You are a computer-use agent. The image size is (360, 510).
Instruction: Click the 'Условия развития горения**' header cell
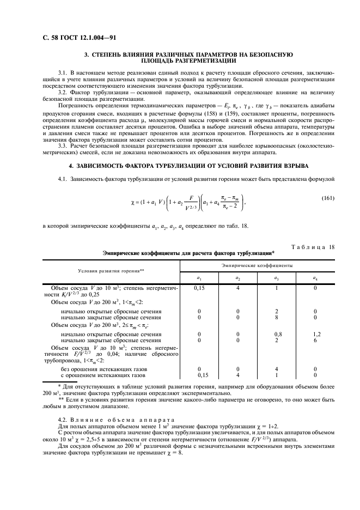pos(111,271)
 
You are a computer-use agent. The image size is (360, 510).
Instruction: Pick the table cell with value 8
pos(277,316)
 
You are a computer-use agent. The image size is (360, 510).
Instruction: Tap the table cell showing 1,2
pos(315,333)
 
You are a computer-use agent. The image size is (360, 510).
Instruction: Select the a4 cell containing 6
pos(315,339)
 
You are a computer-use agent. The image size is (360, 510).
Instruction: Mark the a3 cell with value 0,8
pos(277,333)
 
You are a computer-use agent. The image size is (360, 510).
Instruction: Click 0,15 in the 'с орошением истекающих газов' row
pos(199,375)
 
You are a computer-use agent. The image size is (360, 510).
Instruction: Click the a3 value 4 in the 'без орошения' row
pos(277,369)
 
